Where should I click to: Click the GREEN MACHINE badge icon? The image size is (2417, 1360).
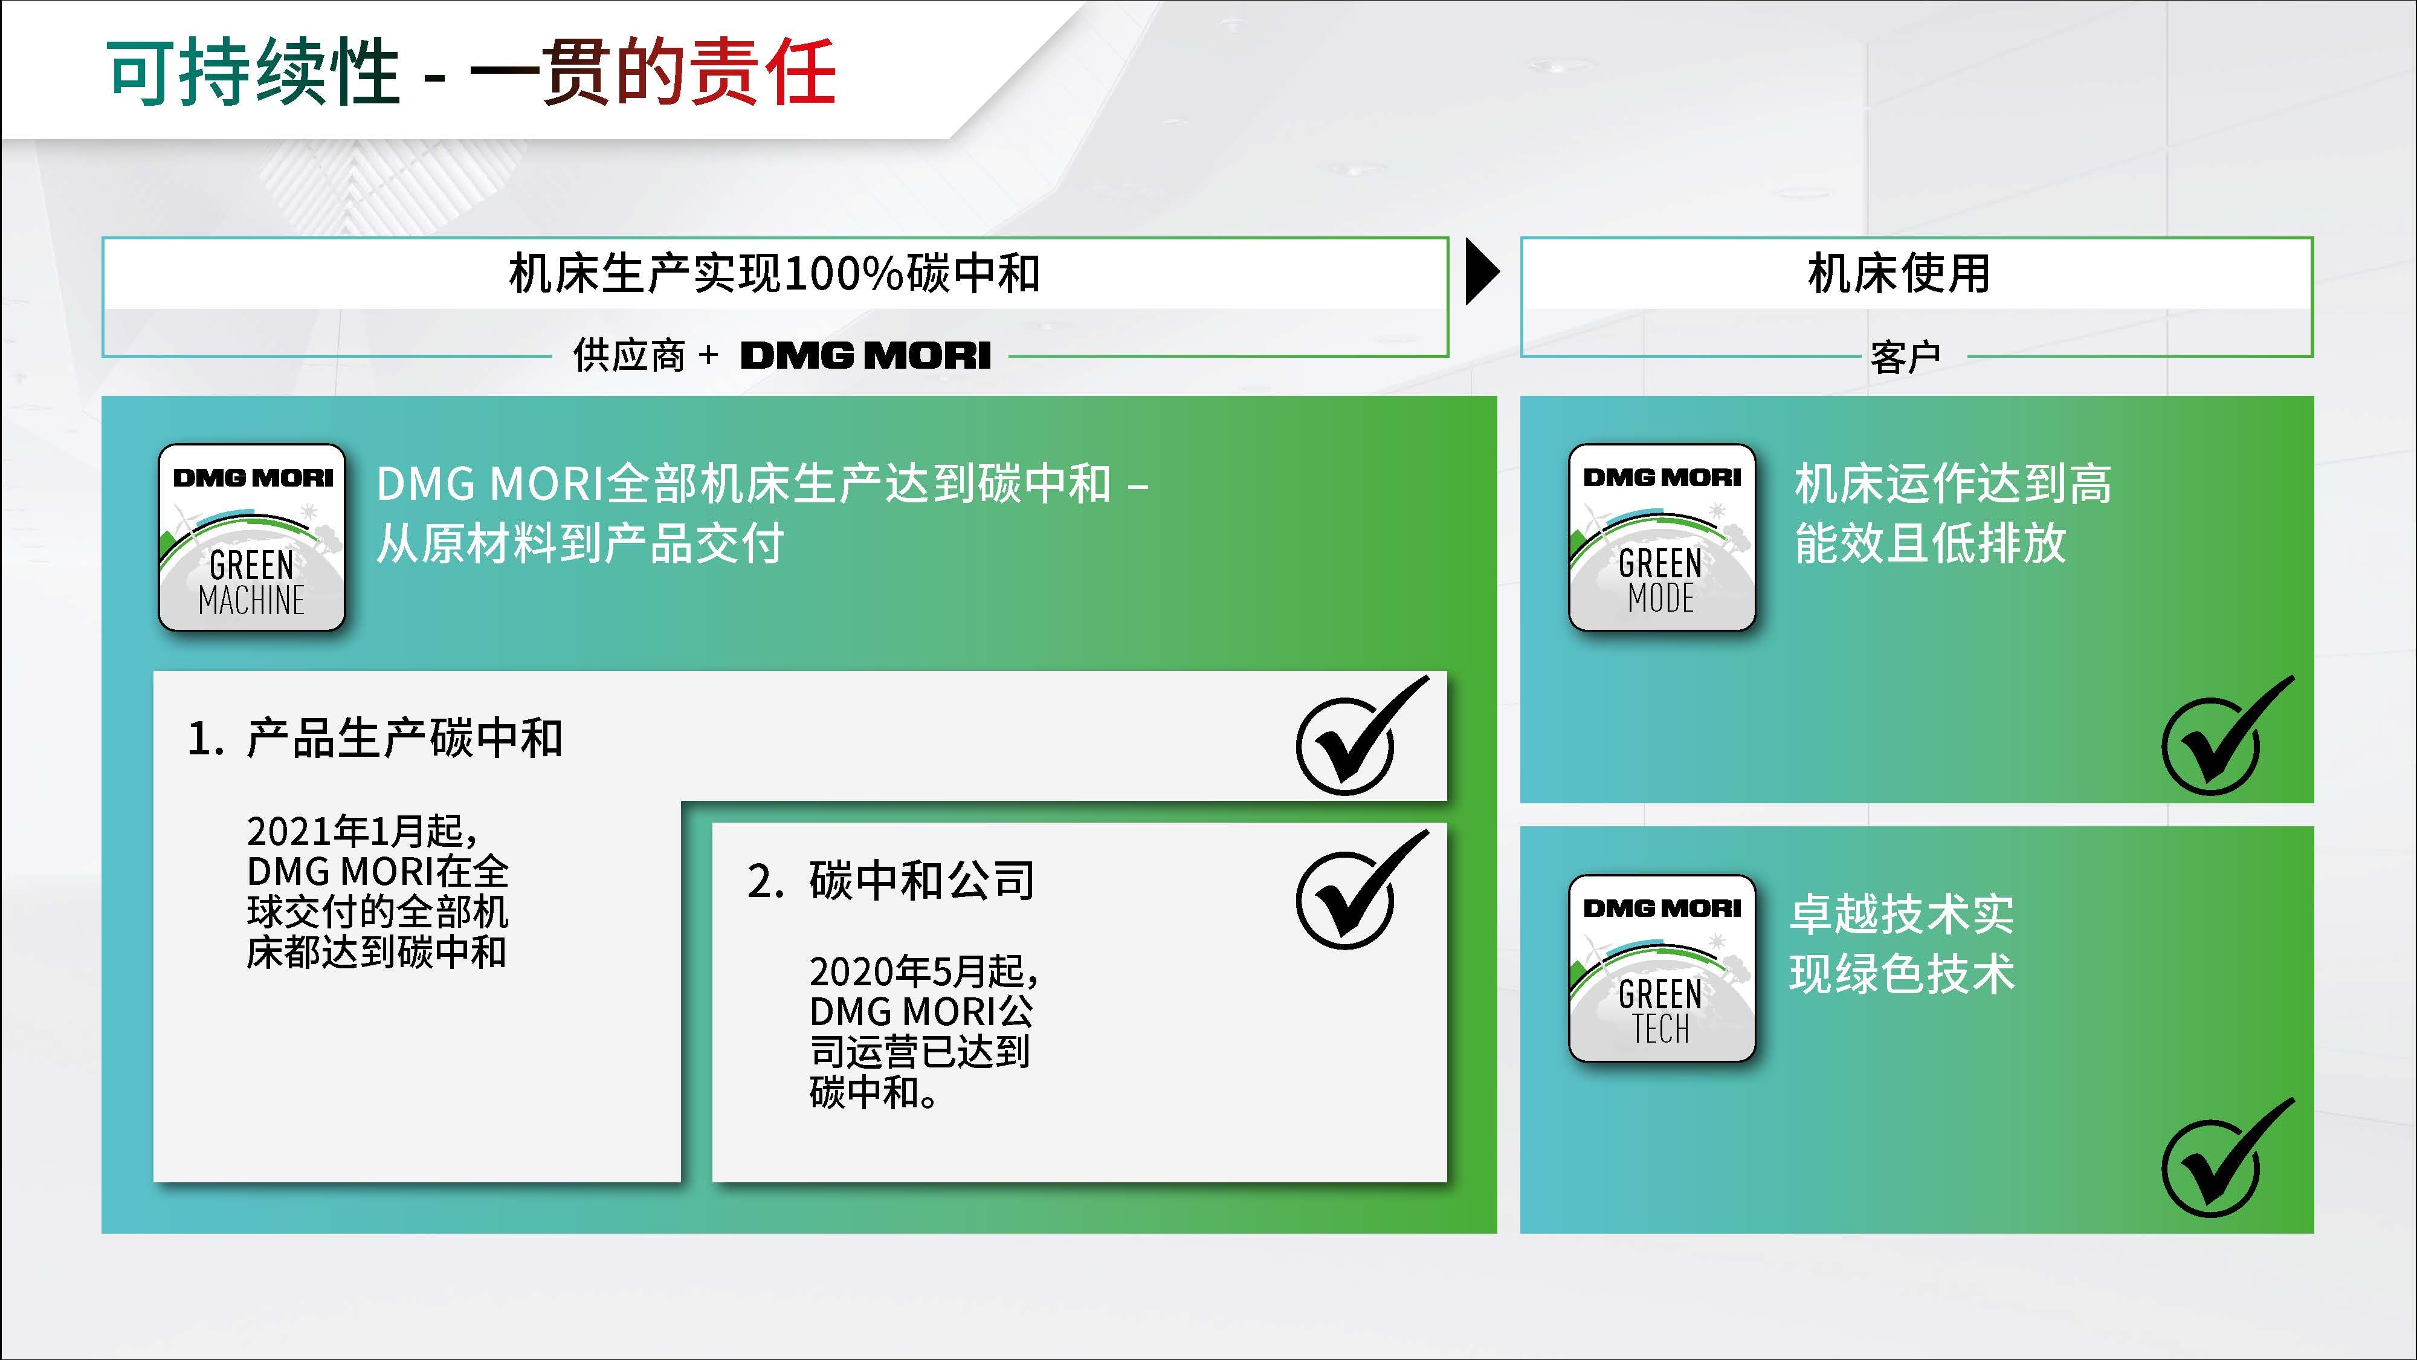pyautogui.click(x=251, y=538)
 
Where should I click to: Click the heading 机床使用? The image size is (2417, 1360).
pyautogui.click(x=1898, y=274)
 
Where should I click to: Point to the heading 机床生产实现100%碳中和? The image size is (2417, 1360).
pyautogui.click(x=774, y=274)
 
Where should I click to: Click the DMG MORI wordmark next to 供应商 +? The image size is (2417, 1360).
pyautogui.click(x=865, y=356)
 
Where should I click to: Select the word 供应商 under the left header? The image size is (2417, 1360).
pyautogui.click(x=628, y=356)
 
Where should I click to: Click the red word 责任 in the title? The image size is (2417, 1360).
pyautogui.click(x=762, y=73)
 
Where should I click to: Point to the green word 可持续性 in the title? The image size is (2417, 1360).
pyautogui.click(x=253, y=73)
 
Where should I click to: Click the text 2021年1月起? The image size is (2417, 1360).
pyautogui.click(x=361, y=831)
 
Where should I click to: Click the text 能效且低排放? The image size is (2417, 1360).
pyautogui.click(x=1930, y=543)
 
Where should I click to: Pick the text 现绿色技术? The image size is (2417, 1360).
pyautogui.click(x=1902, y=973)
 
